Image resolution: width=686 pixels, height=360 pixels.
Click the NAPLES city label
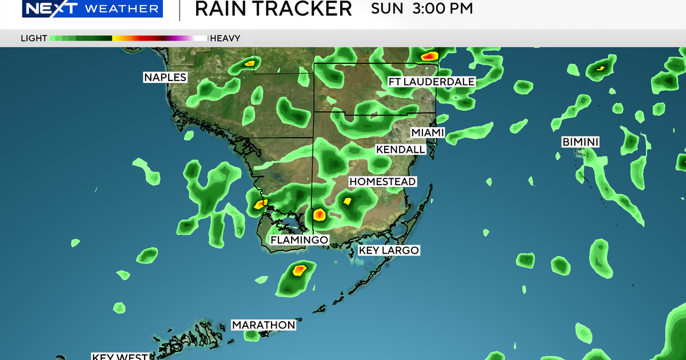coord(165,77)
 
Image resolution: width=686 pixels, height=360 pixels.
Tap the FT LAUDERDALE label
coord(432,82)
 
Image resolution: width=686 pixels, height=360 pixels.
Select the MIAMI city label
coord(428,133)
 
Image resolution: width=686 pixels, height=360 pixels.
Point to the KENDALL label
coord(401,150)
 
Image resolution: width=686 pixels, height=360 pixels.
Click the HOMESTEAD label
coord(382,182)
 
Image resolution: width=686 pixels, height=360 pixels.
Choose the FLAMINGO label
coord(299,240)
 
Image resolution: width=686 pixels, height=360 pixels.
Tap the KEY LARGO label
coord(389,250)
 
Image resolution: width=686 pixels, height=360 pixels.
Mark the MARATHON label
coord(264,325)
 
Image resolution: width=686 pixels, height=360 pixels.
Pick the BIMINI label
coord(580,141)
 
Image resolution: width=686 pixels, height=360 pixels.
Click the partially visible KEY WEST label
coord(121,357)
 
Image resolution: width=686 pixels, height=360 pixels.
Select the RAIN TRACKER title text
coord(273,9)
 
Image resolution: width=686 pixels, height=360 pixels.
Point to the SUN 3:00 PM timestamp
coord(422,9)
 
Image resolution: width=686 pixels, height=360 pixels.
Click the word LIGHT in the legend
coord(34,39)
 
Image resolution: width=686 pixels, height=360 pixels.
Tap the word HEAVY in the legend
coord(225,39)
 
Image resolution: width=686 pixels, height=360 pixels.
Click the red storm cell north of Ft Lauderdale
coord(429,56)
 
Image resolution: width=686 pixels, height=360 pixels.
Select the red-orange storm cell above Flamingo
coord(319,215)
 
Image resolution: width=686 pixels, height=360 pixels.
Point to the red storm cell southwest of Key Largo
coord(299,270)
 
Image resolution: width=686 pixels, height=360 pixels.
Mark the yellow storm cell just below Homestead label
coord(347,201)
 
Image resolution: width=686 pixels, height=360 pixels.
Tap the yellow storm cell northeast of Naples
coord(249,63)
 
